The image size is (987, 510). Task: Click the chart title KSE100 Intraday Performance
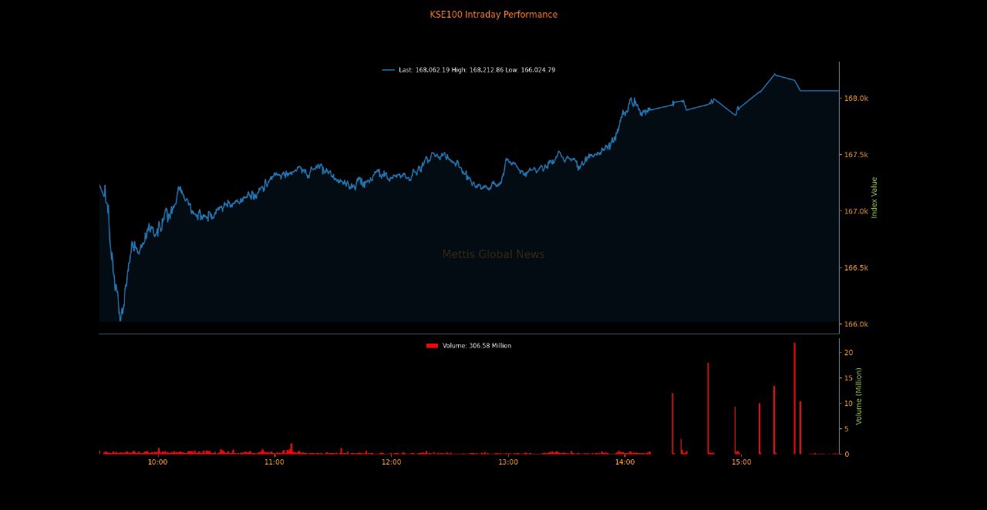[493, 15]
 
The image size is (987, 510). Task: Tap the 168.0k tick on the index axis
[856, 99]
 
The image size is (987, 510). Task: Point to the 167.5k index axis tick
[856, 155]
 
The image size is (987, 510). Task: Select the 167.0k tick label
[856, 211]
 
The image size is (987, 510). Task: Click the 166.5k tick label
[856, 268]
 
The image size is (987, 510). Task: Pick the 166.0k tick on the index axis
[856, 324]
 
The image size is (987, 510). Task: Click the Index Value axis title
[874, 197]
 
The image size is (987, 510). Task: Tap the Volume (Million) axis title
[859, 395]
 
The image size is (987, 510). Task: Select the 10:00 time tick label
[157, 462]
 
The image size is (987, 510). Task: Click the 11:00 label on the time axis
[275, 462]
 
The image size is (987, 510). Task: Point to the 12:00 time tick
[391, 462]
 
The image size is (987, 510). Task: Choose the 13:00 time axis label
[508, 462]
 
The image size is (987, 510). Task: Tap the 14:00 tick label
[625, 462]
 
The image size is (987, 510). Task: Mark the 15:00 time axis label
[742, 462]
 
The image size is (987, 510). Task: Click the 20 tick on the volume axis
[848, 352]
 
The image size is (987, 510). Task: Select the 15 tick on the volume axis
[848, 377]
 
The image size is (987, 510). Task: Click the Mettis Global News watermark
[493, 254]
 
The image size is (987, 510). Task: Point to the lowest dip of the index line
[120, 320]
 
